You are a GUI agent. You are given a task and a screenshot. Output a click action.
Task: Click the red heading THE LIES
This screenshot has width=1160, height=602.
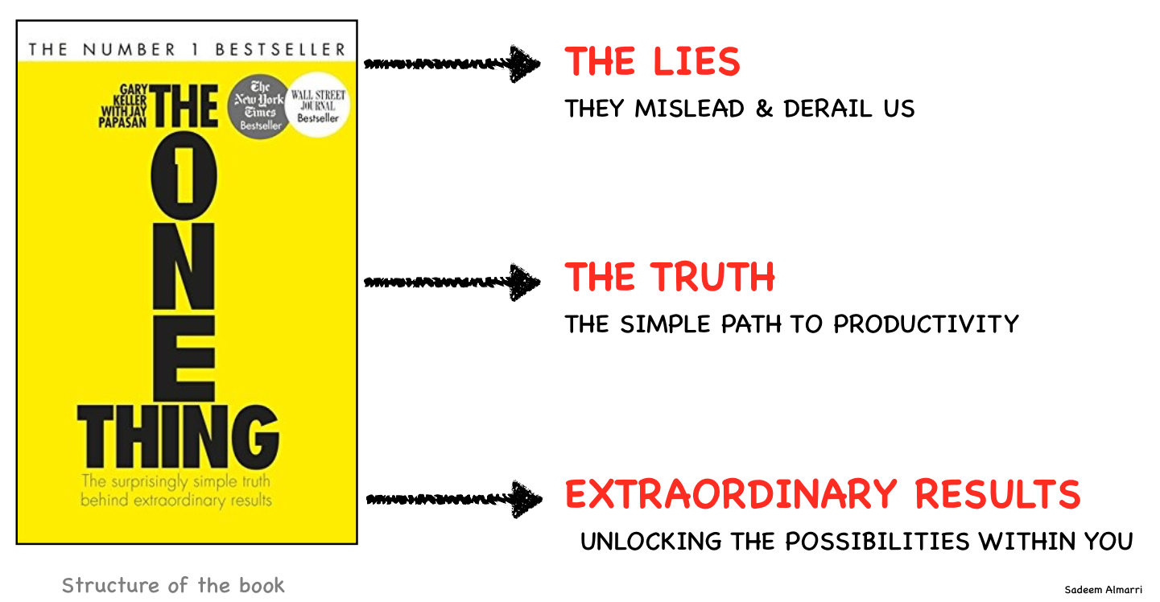tap(652, 62)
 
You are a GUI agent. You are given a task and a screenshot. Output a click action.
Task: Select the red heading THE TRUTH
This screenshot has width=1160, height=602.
tap(670, 278)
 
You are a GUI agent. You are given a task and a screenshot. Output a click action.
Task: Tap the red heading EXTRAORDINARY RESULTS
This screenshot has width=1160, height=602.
tap(822, 494)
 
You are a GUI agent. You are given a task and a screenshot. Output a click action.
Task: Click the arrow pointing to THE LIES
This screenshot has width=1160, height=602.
tap(452, 64)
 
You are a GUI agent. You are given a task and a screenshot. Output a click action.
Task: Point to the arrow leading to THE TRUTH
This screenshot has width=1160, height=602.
tap(452, 282)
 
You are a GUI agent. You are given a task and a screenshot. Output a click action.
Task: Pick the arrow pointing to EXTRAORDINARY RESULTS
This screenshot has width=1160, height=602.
tap(453, 499)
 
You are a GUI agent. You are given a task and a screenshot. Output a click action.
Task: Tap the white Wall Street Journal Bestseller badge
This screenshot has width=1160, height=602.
tap(319, 107)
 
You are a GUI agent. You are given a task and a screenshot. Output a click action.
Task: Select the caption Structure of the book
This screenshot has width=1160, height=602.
tap(173, 585)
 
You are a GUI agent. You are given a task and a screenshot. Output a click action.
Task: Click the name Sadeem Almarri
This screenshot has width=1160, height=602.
tap(1103, 590)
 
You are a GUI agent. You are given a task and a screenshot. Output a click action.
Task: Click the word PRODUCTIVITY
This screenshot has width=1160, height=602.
tap(926, 324)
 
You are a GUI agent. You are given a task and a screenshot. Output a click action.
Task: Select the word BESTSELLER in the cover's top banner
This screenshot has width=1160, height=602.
tap(281, 49)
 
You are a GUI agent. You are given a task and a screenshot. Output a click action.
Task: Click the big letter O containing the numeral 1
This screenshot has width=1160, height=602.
tap(184, 179)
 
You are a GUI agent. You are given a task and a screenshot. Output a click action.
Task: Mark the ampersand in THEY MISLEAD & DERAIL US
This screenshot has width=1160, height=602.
tap(764, 109)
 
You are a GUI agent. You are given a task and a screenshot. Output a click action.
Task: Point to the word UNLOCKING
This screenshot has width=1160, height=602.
tap(652, 542)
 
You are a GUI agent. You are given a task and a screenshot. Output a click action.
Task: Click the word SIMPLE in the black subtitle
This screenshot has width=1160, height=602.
tap(666, 324)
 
